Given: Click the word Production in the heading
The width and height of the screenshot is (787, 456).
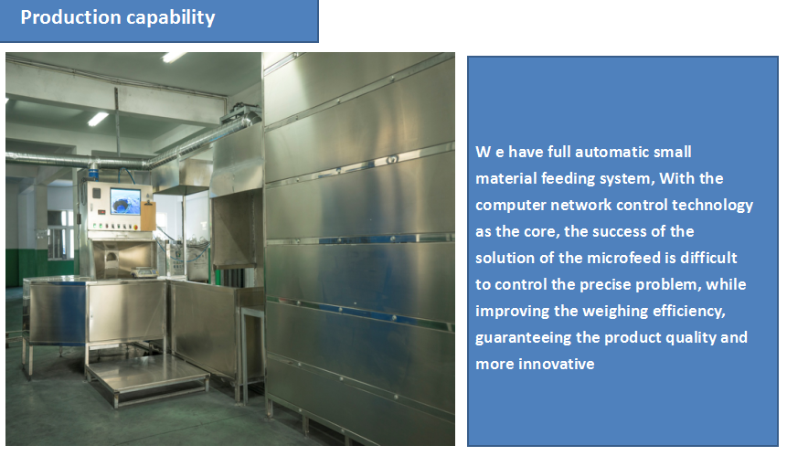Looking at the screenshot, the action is click(x=70, y=17).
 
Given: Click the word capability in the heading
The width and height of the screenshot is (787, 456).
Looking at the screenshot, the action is click(x=171, y=18).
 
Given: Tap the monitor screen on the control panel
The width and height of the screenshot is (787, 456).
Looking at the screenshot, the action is click(x=125, y=202).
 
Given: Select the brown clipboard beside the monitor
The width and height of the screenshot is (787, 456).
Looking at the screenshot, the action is click(x=149, y=216).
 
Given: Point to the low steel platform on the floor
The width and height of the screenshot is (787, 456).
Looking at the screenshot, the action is click(x=147, y=378).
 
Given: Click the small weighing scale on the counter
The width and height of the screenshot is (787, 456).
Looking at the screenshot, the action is click(x=144, y=272).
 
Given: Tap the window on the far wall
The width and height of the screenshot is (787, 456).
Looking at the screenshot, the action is click(x=60, y=234).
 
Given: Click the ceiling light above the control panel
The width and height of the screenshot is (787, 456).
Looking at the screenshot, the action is click(x=98, y=119).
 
